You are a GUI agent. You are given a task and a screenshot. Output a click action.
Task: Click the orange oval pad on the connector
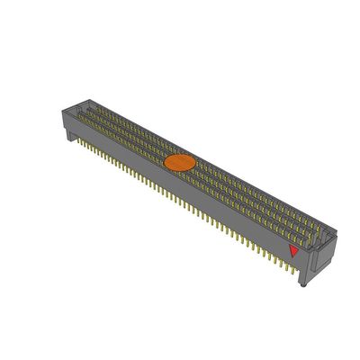pos(179,163)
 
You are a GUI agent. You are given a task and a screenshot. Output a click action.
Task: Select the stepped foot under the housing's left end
pos(68,134)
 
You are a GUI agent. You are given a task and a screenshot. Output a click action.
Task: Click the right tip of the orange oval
pos(194,160)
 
